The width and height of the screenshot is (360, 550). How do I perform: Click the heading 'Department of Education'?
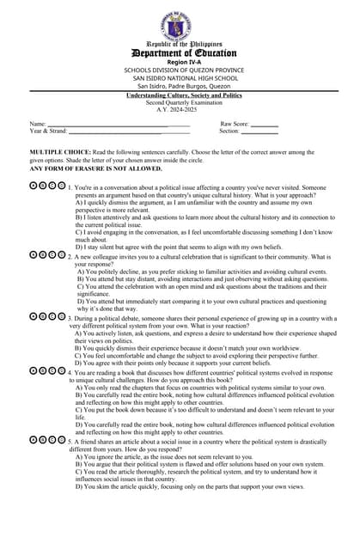180,53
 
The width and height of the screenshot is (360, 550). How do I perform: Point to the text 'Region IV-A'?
180,63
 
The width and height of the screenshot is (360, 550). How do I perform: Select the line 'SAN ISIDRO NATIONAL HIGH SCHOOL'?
180,78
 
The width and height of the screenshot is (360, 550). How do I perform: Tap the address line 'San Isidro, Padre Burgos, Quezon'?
180,86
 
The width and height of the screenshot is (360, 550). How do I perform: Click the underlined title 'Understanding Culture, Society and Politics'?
179,95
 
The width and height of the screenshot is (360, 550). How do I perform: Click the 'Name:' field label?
38,125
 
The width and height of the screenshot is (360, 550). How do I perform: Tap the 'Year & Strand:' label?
48,131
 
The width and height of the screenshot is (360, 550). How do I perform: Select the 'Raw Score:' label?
235,125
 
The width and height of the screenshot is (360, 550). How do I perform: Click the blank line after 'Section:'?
259,131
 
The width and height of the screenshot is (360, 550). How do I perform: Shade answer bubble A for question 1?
34,186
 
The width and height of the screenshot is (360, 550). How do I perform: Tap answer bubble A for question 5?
34,439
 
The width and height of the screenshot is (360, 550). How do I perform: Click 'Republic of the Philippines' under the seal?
179,43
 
